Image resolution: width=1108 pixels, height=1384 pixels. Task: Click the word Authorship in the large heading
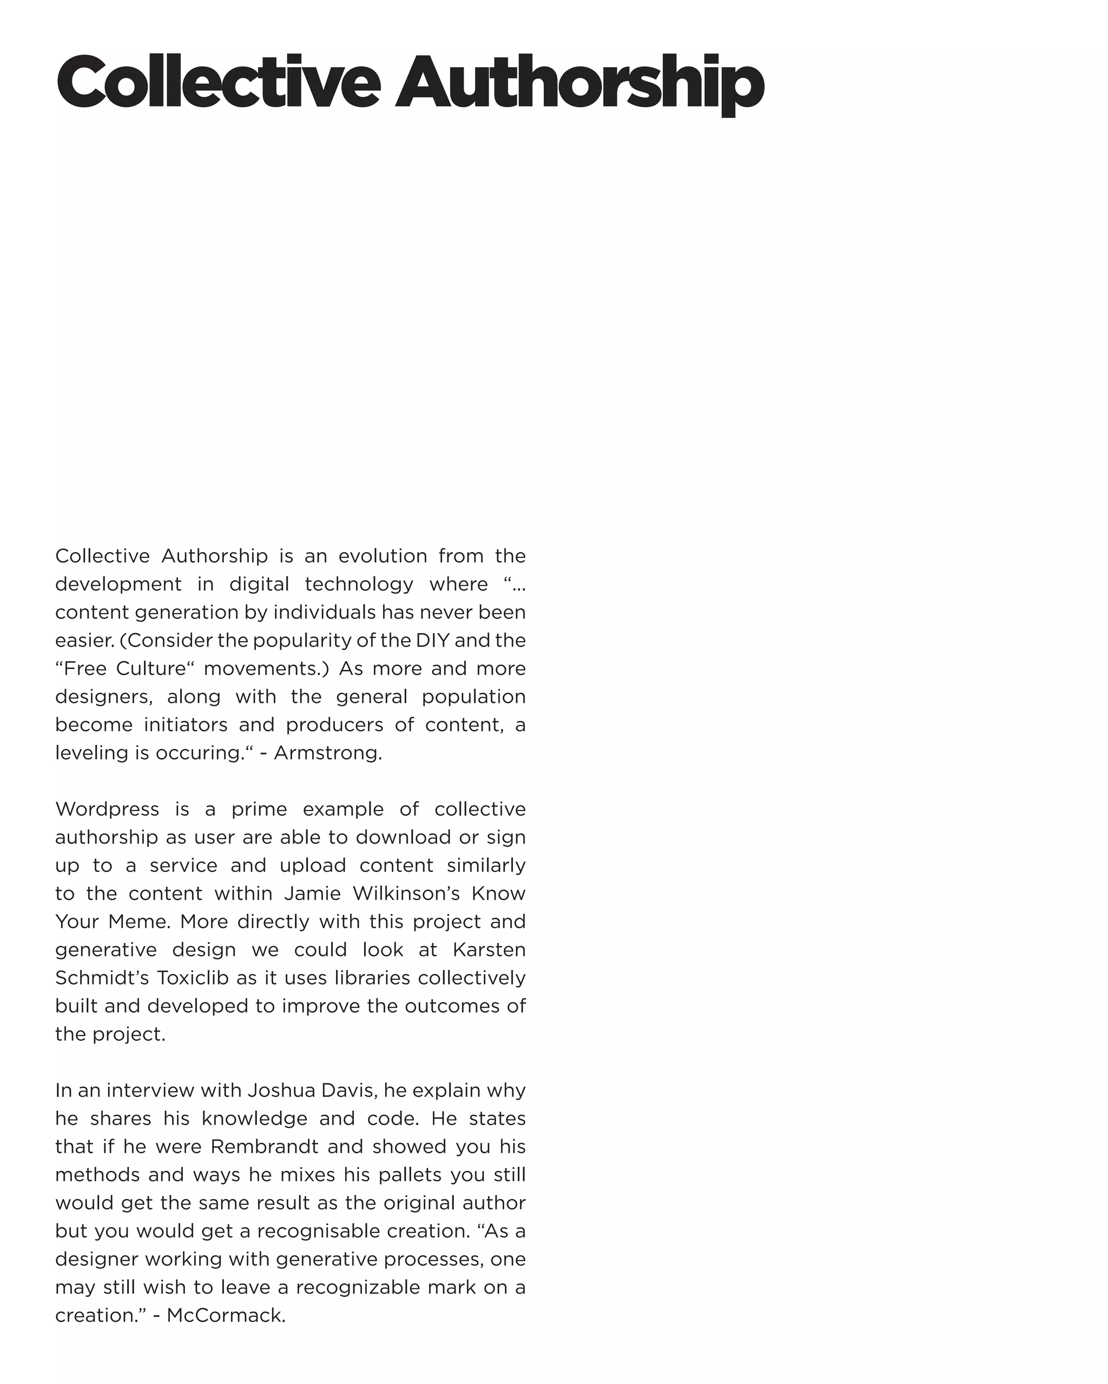(x=579, y=83)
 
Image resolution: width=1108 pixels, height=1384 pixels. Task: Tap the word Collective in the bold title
(x=219, y=83)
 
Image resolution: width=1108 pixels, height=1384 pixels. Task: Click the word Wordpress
(x=107, y=809)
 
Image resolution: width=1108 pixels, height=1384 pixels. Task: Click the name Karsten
(x=490, y=949)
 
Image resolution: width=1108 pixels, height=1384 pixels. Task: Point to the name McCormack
(x=226, y=1315)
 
